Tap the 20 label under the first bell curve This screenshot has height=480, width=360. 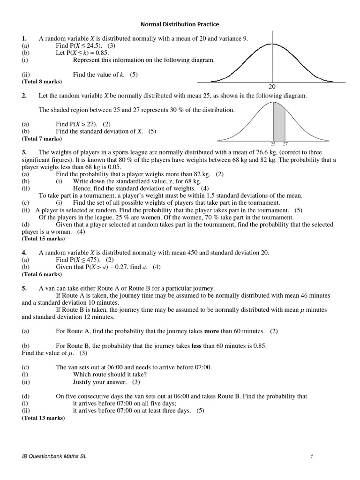(x=272, y=87)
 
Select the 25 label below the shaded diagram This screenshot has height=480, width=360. (x=273, y=144)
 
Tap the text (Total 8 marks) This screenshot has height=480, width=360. (x=42, y=81)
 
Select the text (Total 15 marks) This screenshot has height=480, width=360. (x=43, y=239)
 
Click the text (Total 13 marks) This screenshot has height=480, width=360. (x=43, y=418)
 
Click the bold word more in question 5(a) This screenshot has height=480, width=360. (x=212, y=331)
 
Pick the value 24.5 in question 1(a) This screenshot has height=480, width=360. (x=95, y=45)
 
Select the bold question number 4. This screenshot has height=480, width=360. (x=24, y=253)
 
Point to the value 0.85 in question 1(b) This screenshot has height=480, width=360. (x=100, y=53)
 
